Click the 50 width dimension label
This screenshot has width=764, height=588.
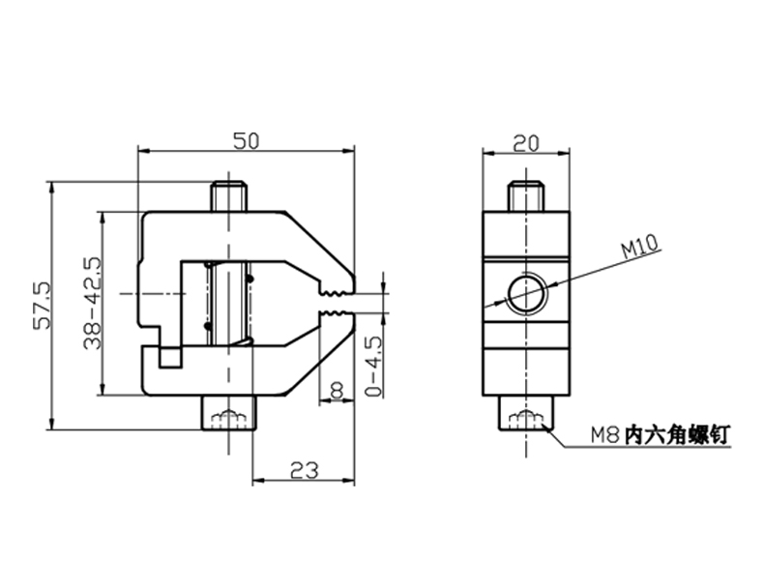(246, 141)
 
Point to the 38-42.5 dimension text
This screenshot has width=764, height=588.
(93, 303)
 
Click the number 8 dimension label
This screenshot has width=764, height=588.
(337, 389)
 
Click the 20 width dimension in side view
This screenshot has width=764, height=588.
(525, 143)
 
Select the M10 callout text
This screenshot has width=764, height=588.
(639, 249)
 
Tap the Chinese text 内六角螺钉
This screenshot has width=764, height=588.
(678, 436)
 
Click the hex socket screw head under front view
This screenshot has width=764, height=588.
(228, 418)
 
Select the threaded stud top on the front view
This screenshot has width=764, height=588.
(230, 193)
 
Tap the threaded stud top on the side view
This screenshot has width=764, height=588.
(525, 194)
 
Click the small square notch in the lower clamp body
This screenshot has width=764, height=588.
(171, 356)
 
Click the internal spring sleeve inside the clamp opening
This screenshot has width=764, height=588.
(228, 303)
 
